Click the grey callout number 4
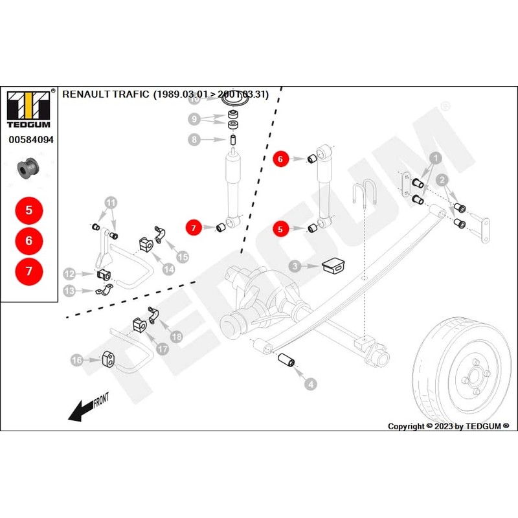tap(311, 385)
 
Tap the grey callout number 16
tap(76, 359)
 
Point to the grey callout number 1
tap(436, 157)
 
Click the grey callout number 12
tap(69, 274)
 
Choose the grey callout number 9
tap(194, 118)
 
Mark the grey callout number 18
tap(176, 336)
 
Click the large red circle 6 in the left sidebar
tap(28, 240)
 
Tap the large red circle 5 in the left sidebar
tap(28, 210)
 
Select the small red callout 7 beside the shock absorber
tap(193, 227)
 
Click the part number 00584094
tap(30, 139)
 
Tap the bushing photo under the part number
tap(28, 168)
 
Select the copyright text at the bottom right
tap(448, 426)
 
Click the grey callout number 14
tap(168, 269)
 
